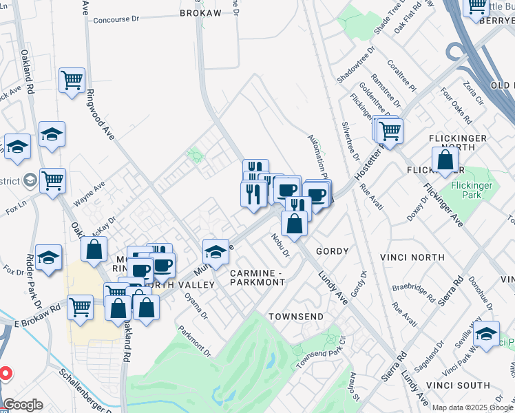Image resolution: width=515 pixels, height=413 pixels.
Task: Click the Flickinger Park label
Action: click(472, 191)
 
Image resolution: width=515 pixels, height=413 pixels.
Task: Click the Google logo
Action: click(23, 405)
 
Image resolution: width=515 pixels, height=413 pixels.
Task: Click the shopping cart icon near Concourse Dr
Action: click(72, 81)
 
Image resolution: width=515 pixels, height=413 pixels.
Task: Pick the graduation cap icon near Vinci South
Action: click(487, 334)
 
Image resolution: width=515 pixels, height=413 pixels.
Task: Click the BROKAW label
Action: click(201, 12)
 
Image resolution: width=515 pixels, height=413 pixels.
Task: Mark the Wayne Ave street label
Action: click(90, 194)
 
